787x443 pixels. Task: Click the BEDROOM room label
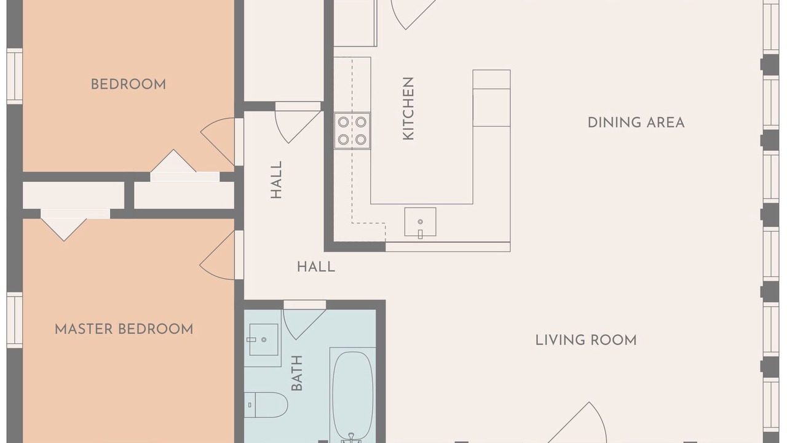point(129,84)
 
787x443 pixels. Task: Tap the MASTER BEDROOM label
point(124,329)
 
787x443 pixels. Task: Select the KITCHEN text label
point(408,109)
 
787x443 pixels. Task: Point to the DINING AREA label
point(636,122)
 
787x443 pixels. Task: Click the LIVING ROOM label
point(586,340)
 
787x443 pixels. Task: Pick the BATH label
point(297,373)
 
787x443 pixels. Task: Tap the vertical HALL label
point(276,180)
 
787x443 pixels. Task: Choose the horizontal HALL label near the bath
point(316,267)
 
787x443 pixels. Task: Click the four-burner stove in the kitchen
point(352,131)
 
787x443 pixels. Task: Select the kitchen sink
point(420,222)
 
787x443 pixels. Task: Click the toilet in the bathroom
point(266,405)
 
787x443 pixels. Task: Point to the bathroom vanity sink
point(264,340)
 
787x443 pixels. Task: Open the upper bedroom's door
point(218,142)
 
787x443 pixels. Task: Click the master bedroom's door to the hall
point(217,255)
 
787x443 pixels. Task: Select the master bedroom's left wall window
point(14,321)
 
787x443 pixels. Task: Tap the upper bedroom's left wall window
point(14,76)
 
